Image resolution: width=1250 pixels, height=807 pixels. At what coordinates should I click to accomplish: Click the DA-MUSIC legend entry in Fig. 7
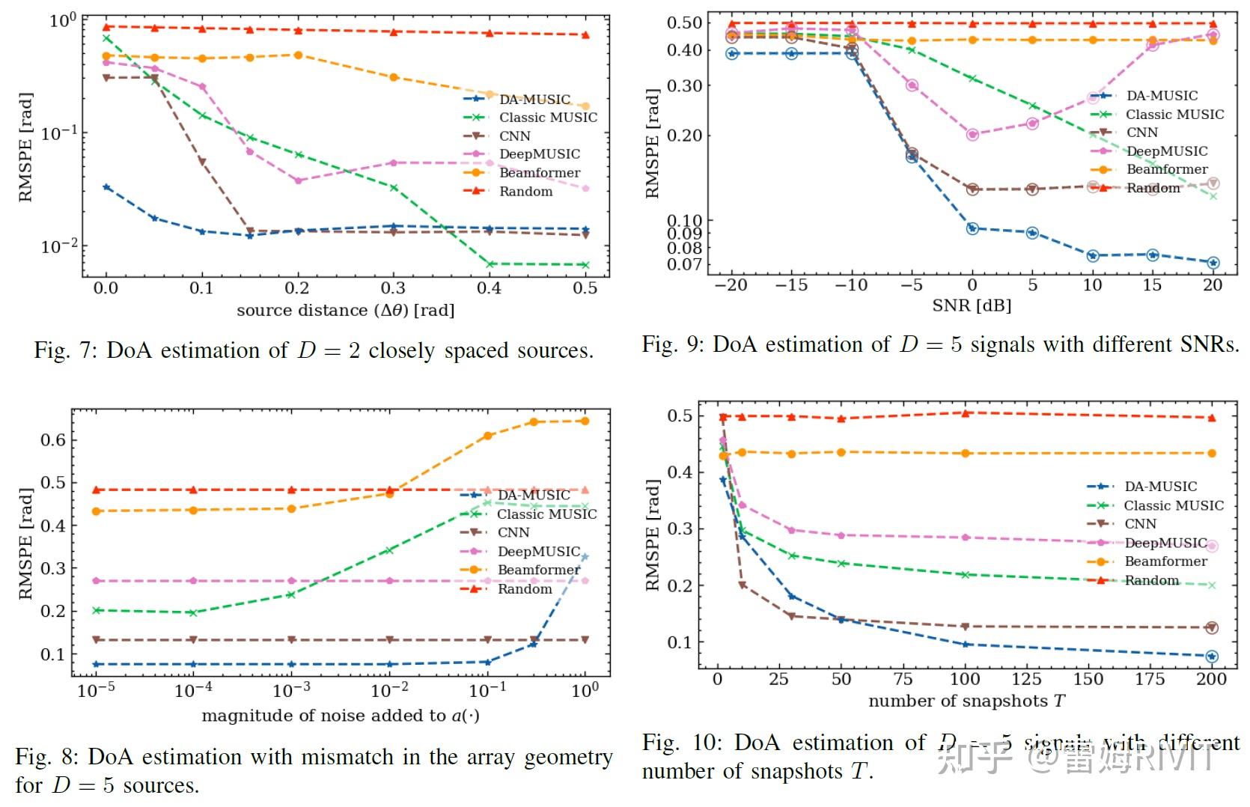pos(534,100)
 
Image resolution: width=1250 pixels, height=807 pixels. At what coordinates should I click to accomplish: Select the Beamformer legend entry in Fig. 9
pos(1166,169)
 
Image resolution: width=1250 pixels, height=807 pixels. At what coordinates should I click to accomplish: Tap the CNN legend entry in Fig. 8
pos(513,532)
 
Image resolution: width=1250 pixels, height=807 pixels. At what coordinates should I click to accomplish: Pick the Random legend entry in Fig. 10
pos(1151,580)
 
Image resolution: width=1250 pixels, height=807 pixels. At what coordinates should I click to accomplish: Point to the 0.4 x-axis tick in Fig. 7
pos(489,288)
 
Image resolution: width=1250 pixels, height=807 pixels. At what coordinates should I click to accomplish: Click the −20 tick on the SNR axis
pos(731,285)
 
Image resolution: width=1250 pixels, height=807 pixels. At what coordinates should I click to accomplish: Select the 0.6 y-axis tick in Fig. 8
pos(53,440)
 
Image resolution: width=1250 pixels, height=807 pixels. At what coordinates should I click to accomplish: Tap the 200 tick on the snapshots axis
pos(1211,679)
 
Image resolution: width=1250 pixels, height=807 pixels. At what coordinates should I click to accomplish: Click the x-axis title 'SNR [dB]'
pos(971,305)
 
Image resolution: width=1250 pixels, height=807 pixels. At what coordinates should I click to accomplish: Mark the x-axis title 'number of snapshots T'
pos(966,701)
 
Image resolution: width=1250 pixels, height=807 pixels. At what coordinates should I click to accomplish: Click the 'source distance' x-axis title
pos(345,310)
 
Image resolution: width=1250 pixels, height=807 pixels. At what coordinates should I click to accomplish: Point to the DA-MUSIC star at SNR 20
pos(1213,263)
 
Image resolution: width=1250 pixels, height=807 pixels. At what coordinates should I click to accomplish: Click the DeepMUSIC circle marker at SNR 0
pos(972,135)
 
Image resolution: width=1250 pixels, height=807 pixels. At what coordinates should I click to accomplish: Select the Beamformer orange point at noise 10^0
pos(585,421)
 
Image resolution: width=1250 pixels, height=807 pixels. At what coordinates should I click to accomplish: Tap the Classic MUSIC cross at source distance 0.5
pos(585,265)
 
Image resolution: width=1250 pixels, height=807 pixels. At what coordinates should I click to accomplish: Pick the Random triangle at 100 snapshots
pos(965,413)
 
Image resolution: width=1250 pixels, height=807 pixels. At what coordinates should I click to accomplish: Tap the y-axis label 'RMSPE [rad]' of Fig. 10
pos(652,535)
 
